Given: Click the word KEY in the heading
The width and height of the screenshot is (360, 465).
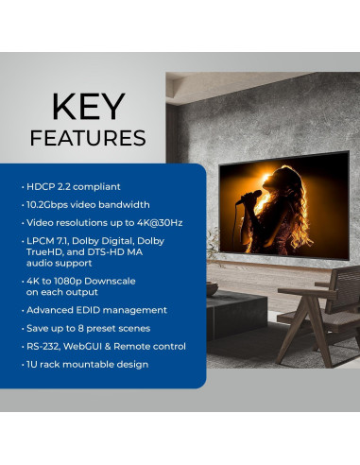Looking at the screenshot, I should [x=87, y=107].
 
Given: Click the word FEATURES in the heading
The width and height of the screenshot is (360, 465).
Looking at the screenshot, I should [x=87, y=138].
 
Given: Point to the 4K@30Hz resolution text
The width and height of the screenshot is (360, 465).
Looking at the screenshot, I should [x=155, y=222].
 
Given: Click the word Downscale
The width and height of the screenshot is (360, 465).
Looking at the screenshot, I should [x=118, y=280].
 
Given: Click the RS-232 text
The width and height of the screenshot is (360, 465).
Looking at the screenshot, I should [x=44, y=346].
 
